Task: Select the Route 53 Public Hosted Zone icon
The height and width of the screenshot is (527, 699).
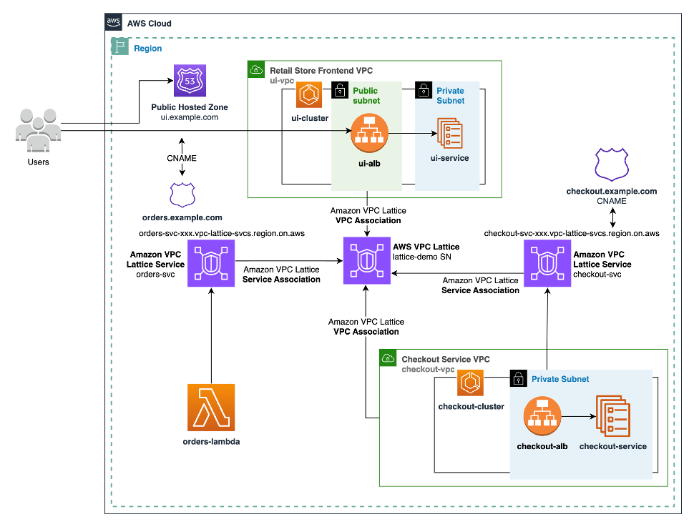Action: [190, 82]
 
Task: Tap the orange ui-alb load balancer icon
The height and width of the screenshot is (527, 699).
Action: [369, 134]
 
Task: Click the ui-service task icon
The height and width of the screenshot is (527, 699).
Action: [449, 133]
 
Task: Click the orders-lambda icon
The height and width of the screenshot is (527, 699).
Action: [211, 408]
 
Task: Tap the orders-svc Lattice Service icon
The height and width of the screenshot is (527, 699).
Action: [211, 263]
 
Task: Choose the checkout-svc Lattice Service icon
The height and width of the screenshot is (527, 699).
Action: [547, 263]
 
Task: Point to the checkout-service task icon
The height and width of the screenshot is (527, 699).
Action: [612, 416]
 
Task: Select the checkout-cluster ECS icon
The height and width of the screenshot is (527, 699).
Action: [471, 383]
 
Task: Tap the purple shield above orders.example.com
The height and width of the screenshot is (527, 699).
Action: [182, 194]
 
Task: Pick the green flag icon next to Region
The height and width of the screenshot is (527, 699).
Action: [119, 48]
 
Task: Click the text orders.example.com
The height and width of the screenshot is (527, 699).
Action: [183, 217]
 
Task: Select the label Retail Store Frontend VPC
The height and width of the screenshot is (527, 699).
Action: [321, 71]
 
